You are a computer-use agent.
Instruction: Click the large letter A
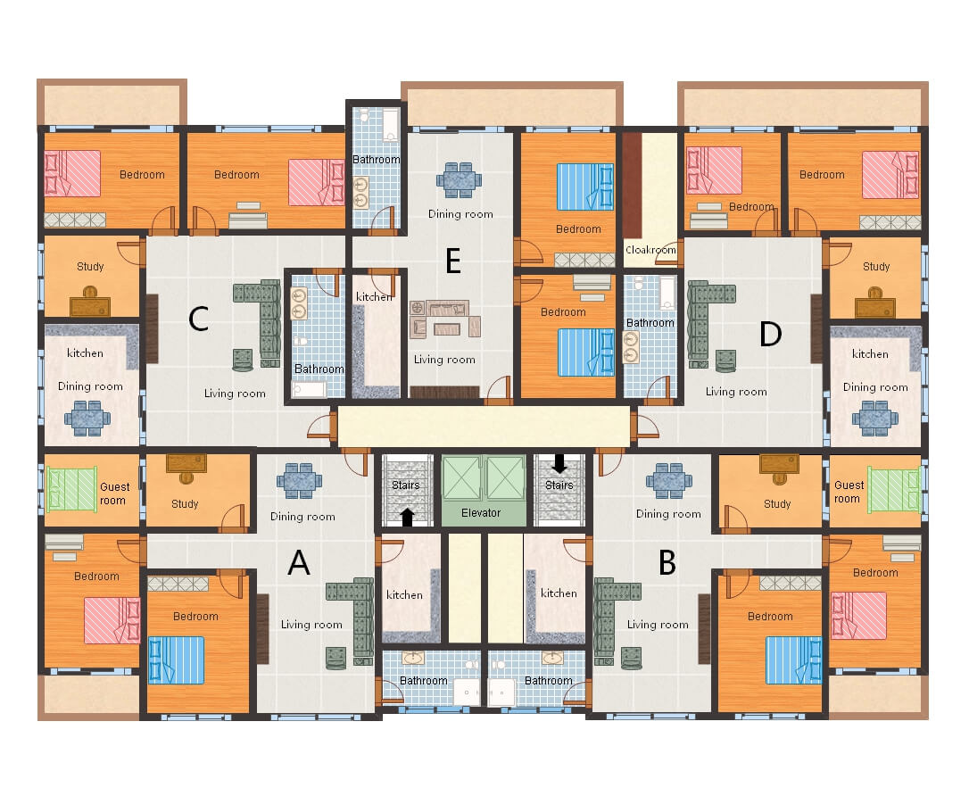coord(299,563)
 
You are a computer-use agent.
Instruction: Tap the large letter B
coord(667,563)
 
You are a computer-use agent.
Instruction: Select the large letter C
coord(199,319)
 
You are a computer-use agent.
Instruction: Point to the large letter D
coord(770,335)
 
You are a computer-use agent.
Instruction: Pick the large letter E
coord(453,261)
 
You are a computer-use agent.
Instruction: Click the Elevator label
coord(481,513)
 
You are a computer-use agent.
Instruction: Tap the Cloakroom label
coord(650,251)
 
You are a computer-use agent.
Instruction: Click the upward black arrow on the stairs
coord(407,517)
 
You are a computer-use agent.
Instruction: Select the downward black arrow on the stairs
coord(559,463)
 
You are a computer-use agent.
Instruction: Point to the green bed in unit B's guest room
coord(894,489)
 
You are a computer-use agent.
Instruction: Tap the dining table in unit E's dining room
coord(459,179)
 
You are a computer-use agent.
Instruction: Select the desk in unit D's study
coord(874,305)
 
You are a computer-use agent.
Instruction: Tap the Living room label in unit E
coord(444,360)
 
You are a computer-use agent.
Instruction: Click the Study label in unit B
coord(777,504)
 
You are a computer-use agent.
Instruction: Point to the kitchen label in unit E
coord(374,297)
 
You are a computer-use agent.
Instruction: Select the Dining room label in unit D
coord(875,387)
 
